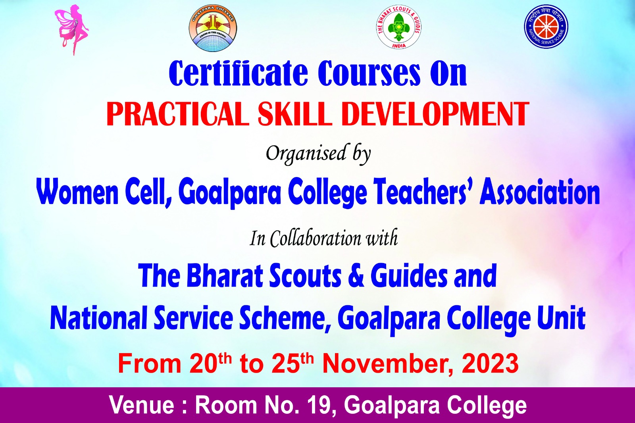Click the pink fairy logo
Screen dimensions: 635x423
72,30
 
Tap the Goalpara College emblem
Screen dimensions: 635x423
213,28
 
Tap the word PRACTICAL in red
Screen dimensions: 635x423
177,114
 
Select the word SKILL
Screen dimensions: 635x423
294,114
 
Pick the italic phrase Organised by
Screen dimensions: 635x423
318,154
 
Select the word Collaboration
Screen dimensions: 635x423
315,238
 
